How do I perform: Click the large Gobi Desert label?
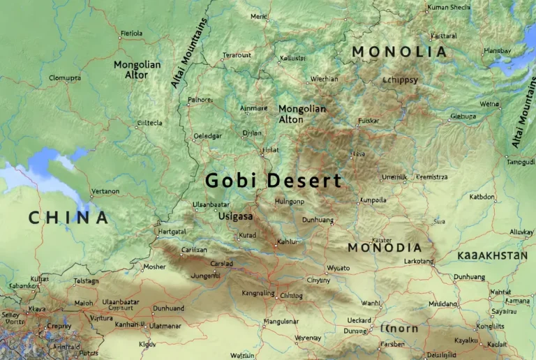[x=274, y=181]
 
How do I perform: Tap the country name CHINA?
[x=68, y=218]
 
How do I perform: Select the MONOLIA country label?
[x=399, y=52]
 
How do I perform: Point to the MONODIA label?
[x=385, y=248]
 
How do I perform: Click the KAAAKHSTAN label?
[x=492, y=256]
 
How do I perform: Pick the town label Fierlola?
[x=131, y=33]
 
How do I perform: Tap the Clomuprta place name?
[x=65, y=78]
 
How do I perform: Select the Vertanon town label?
[x=105, y=191]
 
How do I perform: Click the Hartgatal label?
[x=172, y=231]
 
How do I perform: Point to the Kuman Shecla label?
[x=449, y=8]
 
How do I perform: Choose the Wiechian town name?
[x=324, y=79]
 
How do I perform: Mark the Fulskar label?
[x=368, y=121]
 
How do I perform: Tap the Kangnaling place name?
[x=258, y=293]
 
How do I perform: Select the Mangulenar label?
[x=281, y=322]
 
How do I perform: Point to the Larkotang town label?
[x=419, y=261]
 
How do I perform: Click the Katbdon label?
[x=482, y=197]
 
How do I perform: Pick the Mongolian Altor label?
[x=137, y=69]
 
